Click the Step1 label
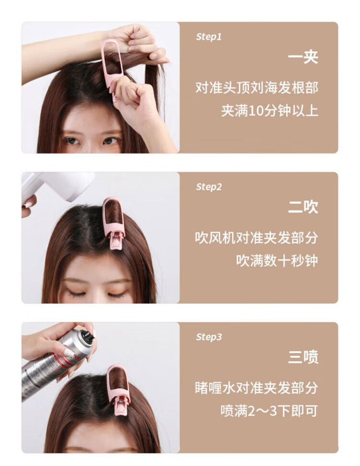[209, 37]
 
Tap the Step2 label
[209, 187]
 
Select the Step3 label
[209, 337]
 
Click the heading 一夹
[303, 57]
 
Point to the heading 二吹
[303, 207]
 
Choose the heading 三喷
[303, 357]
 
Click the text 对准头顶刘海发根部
[257, 88]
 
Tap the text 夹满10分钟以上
[270, 111]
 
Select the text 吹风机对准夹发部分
[257, 238]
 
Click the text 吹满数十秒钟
[277, 261]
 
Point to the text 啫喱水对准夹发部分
[257, 388]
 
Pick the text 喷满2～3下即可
[269, 411]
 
